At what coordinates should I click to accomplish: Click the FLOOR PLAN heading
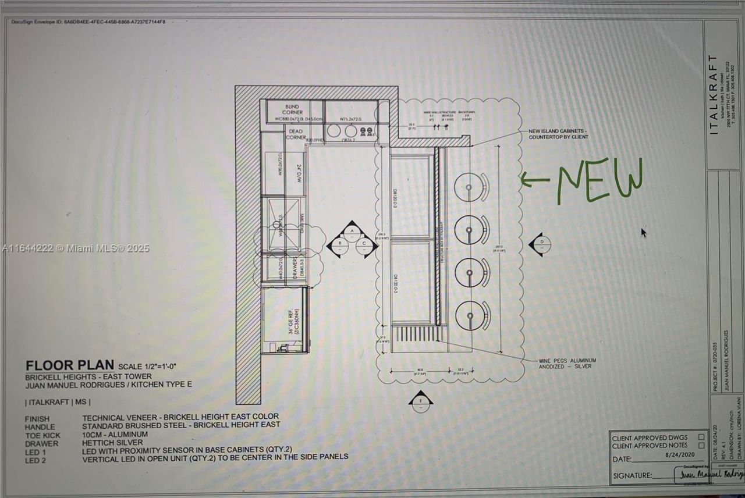click(x=70, y=365)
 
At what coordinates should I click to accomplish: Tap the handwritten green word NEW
click(x=599, y=180)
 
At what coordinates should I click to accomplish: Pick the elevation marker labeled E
click(x=420, y=401)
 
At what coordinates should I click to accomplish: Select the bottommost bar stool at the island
click(x=469, y=316)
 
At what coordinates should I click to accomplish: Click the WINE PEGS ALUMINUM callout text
click(x=567, y=364)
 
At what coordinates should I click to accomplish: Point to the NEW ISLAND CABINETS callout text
click(x=558, y=134)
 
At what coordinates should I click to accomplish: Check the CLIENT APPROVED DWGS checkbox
click(x=701, y=437)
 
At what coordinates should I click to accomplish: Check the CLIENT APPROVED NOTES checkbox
click(x=701, y=446)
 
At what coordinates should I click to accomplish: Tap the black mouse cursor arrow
click(x=644, y=233)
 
